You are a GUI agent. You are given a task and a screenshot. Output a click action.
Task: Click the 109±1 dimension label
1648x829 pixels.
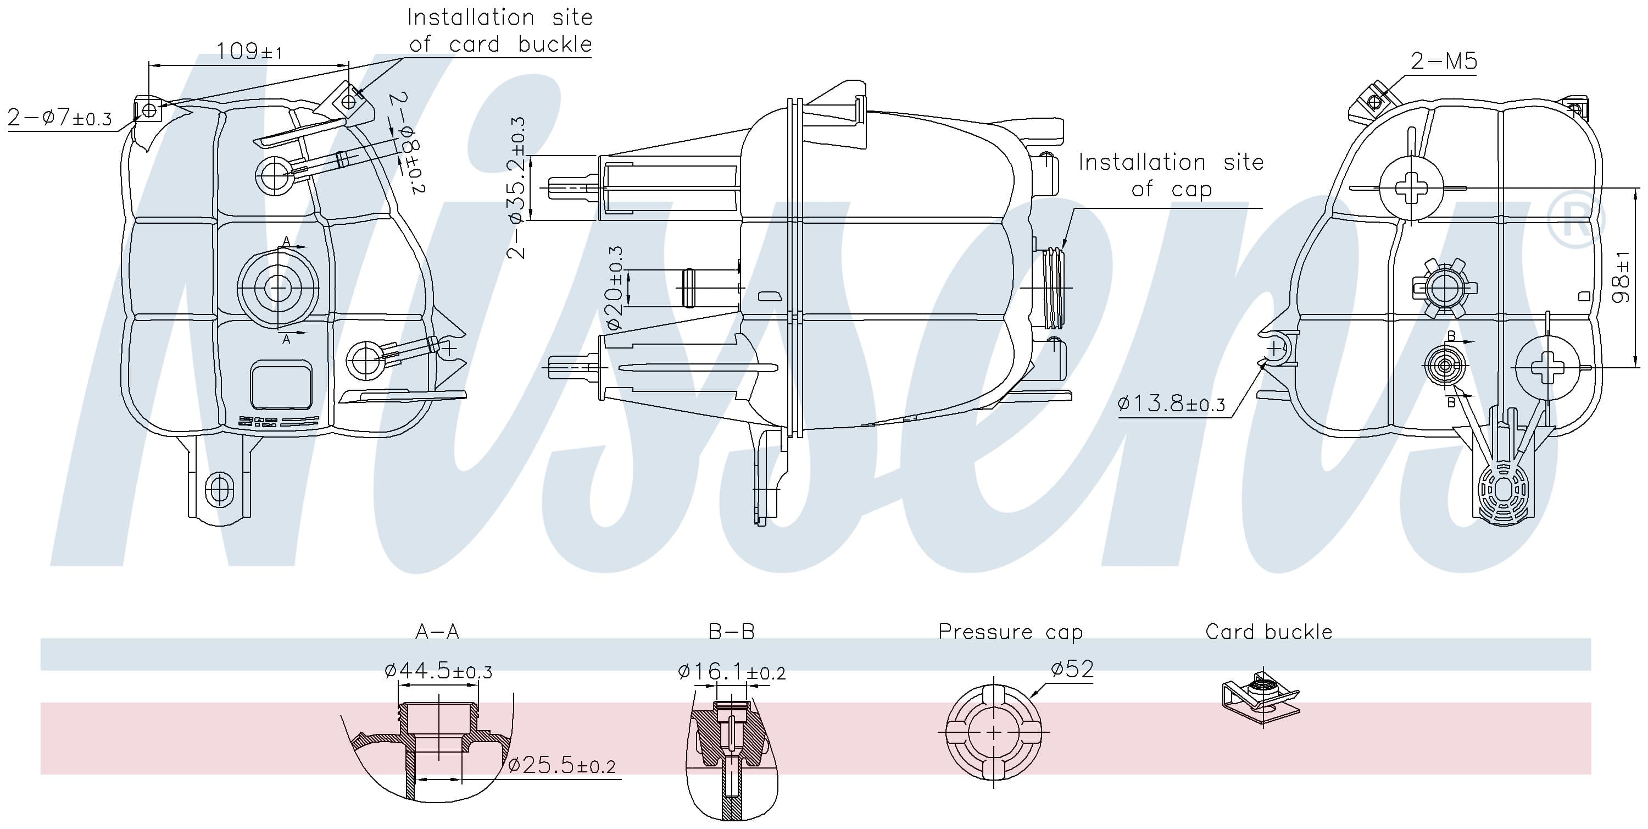(249, 51)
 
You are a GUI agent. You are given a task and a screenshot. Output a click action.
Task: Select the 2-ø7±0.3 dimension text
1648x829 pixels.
(59, 118)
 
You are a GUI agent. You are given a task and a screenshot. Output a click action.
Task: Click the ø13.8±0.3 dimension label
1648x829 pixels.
(1171, 404)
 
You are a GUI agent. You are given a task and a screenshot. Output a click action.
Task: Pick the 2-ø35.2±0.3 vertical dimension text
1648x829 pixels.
(516, 187)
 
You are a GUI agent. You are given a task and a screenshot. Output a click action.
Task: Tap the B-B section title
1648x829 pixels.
(731, 632)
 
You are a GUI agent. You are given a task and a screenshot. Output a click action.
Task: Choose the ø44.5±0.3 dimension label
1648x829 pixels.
(438, 671)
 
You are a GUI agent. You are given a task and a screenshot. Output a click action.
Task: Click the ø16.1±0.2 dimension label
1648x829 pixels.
(731, 672)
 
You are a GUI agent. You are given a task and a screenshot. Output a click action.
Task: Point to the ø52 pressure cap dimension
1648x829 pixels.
(1072, 669)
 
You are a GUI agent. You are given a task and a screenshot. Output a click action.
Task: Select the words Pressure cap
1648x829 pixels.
(1010, 632)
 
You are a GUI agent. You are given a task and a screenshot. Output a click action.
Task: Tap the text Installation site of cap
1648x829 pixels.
(1171, 175)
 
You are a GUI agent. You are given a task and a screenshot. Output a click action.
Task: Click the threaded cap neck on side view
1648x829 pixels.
(1053, 288)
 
